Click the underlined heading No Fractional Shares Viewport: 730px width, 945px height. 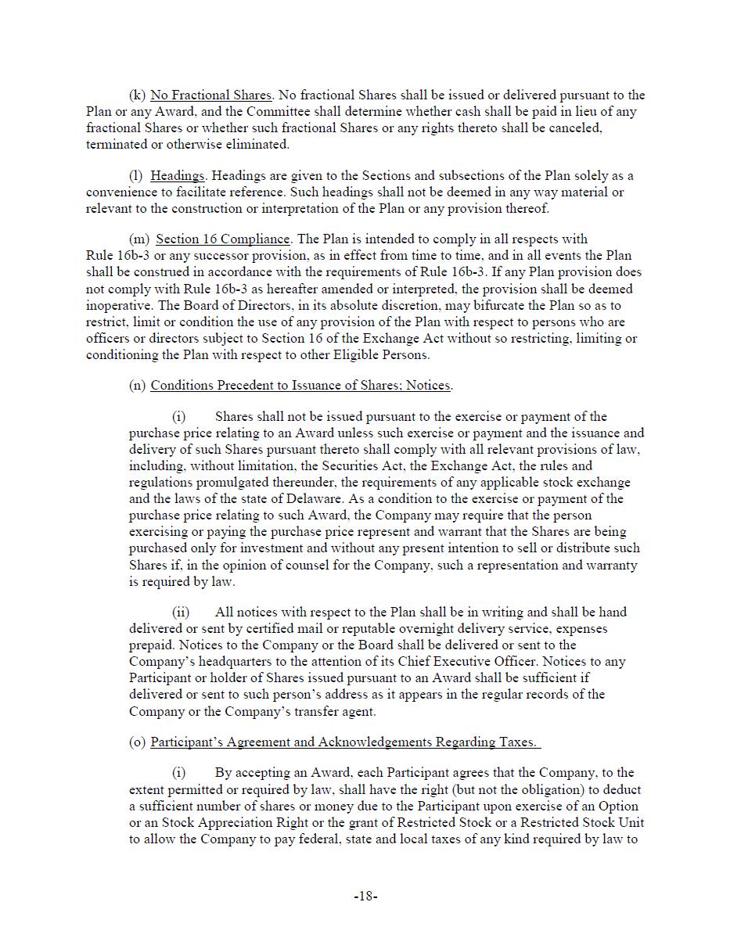210,95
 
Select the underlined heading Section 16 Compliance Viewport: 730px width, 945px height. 223,239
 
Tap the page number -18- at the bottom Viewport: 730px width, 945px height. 365,897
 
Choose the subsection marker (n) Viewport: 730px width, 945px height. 137,386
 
